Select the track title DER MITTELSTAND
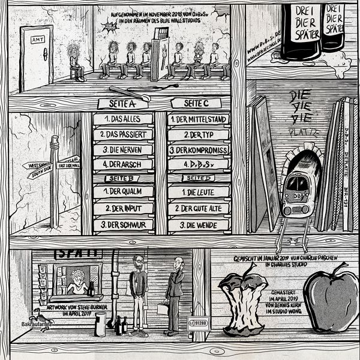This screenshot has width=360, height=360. [x=198, y=119]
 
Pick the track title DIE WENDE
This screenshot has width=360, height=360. [x=198, y=225]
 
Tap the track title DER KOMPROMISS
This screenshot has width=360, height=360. [x=198, y=149]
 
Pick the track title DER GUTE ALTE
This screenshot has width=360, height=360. [x=198, y=208]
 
